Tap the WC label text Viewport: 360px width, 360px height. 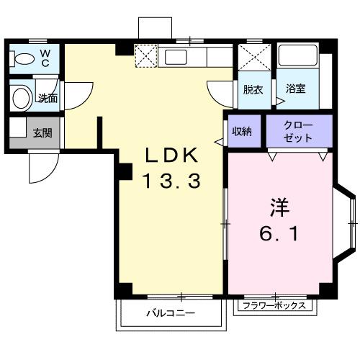coord(45,58)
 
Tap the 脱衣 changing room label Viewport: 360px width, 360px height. coord(252,90)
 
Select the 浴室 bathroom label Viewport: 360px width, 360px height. coord(295,90)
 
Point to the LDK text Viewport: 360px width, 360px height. coord(172,156)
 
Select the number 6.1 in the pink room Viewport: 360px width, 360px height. coord(279,234)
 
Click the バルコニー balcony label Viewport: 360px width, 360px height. coord(171,313)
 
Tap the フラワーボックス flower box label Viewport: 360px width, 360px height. coord(275,305)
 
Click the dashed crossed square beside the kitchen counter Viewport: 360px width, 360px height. coord(146,55)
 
